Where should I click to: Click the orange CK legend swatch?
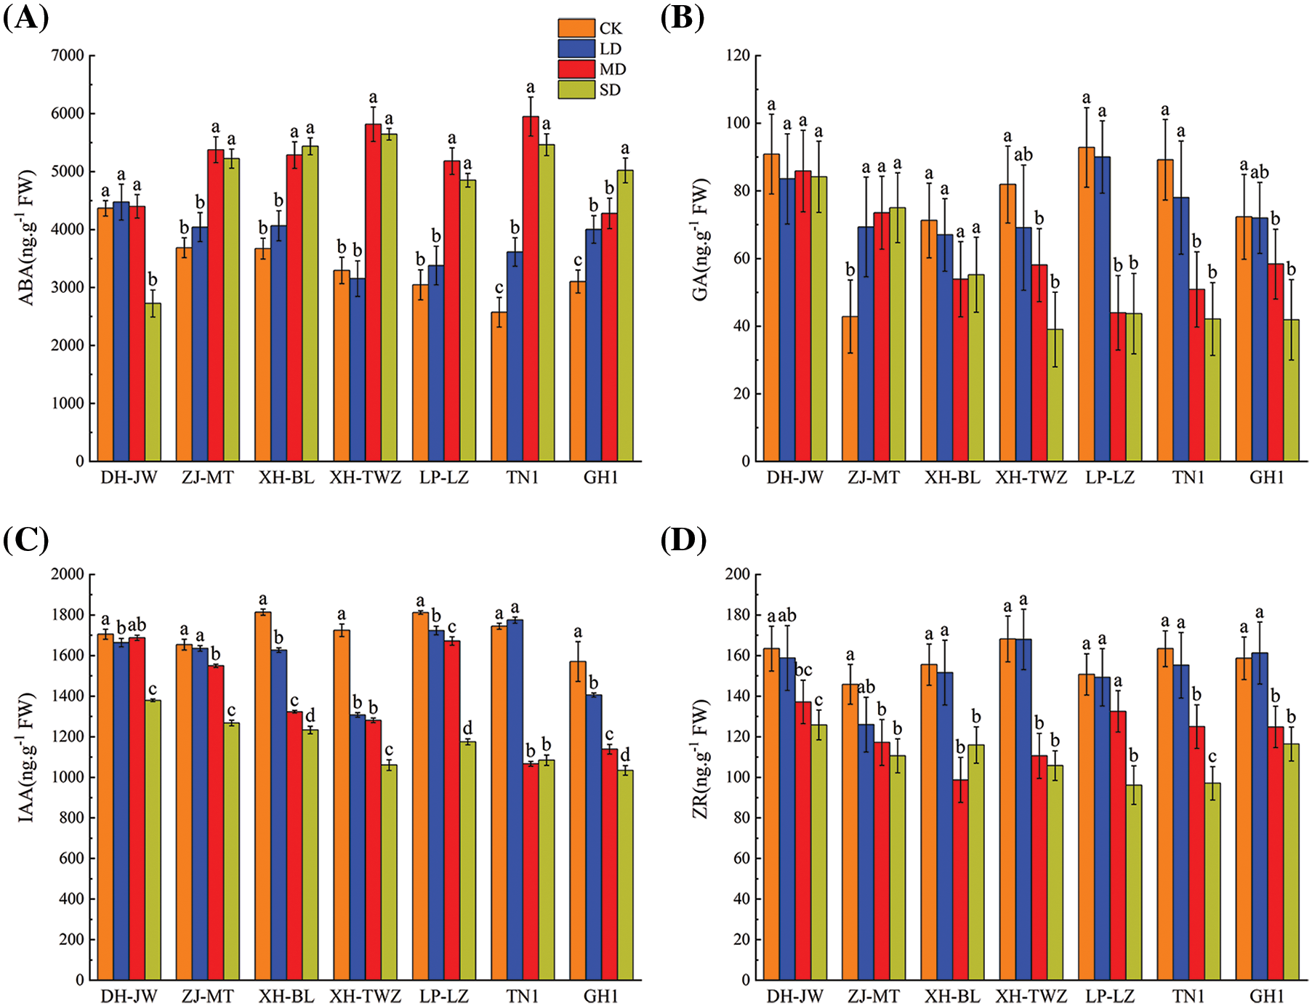pos(576,28)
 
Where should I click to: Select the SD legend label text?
pos(610,90)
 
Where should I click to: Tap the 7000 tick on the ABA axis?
pos(68,55)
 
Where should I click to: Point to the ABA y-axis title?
pos(27,238)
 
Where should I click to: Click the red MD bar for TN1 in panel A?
pos(531,289)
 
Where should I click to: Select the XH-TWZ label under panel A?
pos(365,478)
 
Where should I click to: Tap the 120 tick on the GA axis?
pos(738,56)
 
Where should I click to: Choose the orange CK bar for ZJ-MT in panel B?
pos(850,388)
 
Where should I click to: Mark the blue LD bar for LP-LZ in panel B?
pos(1102,309)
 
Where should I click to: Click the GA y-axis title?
pos(700,241)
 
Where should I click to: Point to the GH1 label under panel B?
pos(1267,478)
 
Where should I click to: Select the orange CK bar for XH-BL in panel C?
pos(262,795)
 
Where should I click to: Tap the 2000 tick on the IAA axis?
pos(68,574)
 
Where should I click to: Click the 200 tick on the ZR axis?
pos(738,574)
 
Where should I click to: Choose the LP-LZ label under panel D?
pos(1110,996)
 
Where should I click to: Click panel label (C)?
pos(25,540)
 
